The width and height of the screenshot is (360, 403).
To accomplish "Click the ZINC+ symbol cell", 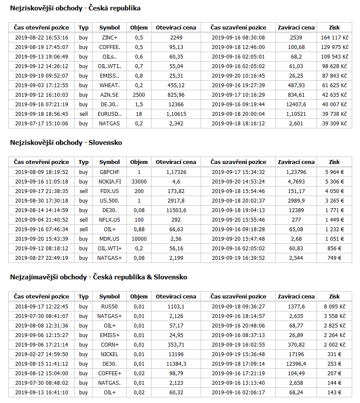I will point(109,38).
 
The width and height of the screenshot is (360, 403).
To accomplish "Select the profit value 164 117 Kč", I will point(334,38).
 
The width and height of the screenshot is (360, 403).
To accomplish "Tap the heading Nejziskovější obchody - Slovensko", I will point(66,143).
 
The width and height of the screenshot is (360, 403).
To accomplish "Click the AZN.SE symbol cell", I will point(109,95).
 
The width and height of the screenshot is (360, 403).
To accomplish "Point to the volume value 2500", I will point(139,95).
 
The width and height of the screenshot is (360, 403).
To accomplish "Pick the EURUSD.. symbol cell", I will point(109,114).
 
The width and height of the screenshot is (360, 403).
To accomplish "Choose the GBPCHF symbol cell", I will point(109,172).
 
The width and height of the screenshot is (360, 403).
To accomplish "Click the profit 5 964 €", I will point(334,172).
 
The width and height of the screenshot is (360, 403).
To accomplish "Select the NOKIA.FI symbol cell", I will point(109,182).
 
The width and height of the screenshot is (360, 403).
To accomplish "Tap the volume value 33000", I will point(139,182).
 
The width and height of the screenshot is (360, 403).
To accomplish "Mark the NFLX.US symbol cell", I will point(109,220).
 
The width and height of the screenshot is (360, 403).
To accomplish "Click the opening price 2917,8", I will point(176,201).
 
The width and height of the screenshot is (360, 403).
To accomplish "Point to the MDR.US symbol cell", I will point(109,239).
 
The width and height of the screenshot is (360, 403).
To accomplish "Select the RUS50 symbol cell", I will point(109,307).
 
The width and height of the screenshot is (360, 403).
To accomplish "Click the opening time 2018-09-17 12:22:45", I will point(41,307).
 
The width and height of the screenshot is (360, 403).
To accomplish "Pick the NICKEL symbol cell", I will point(109,354).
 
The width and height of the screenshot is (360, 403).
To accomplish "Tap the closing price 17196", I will point(296,354).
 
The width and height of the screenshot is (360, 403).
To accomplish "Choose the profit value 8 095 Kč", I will point(334,307).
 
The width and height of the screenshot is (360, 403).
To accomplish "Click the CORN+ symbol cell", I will point(109,345).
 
